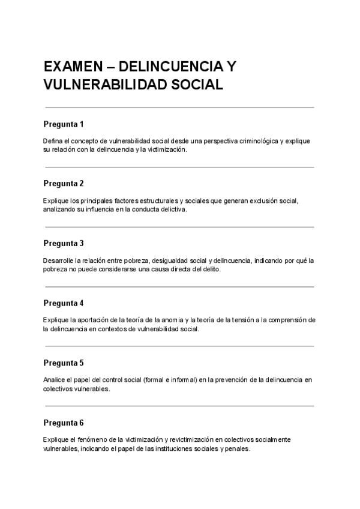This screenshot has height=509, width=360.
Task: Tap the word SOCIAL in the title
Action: pos(194,85)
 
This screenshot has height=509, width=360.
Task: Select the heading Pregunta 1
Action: pos(64,124)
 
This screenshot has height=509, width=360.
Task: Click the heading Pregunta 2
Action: pos(64,183)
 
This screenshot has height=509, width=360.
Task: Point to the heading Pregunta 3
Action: pos(64,243)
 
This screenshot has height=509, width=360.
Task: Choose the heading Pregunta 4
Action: pos(64,303)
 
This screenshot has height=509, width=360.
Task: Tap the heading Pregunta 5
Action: pos(64,363)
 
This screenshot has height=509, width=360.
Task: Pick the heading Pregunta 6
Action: pos(64,423)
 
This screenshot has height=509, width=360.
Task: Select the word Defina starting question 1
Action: pos(53,140)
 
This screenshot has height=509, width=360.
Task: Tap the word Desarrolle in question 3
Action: pos(58,261)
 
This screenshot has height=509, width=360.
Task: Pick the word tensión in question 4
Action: pos(241,320)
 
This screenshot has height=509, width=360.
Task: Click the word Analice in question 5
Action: pos(55,380)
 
